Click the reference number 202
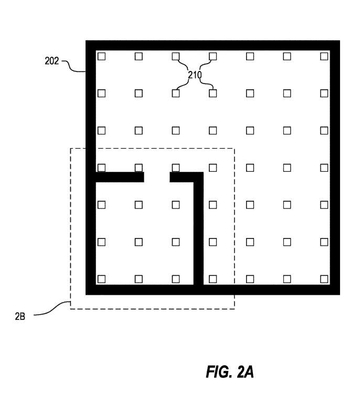click(x=52, y=61)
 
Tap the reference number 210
click(x=195, y=75)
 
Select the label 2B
click(x=20, y=316)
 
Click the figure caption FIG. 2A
click(x=230, y=372)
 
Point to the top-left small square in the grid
click(x=102, y=56)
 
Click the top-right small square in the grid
click(x=324, y=56)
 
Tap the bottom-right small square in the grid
click(x=324, y=279)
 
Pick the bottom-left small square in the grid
click(x=102, y=279)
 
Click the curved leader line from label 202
click(x=73, y=66)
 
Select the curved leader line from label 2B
click(x=52, y=308)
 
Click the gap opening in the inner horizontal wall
click(x=157, y=177)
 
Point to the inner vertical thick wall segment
click(x=198, y=229)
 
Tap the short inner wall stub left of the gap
click(x=120, y=177)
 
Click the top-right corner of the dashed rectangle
click(x=235, y=148)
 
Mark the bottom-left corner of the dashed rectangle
click(x=70, y=309)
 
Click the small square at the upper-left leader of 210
click(x=176, y=56)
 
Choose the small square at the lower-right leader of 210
click(x=213, y=93)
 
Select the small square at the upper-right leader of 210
click(x=213, y=56)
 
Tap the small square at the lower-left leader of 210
click(x=176, y=93)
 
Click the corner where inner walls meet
click(x=198, y=177)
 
